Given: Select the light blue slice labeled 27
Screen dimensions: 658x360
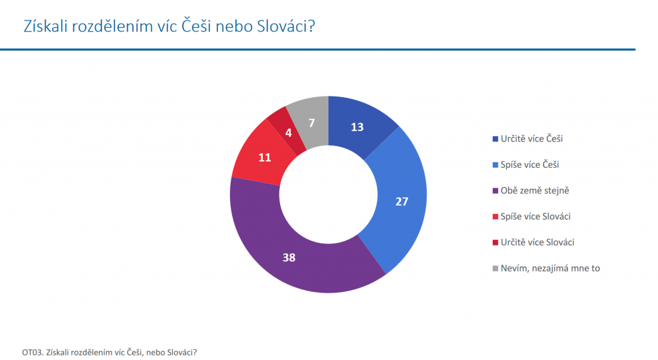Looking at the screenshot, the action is pyautogui.click(x=401, y=201).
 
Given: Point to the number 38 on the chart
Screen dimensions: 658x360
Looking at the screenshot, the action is pyautogui.click(x=289, y=257).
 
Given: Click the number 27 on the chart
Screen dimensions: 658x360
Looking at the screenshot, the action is pyautogui.click(x=402, y=202).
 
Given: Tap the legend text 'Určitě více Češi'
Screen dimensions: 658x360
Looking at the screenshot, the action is pyautogui.click(x=531, y=139).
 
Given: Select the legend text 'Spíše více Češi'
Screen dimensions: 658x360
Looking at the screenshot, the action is pyautogui.click(x=529, y=165).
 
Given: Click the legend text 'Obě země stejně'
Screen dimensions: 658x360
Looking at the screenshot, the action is pyautogui.click(x=535, y=190).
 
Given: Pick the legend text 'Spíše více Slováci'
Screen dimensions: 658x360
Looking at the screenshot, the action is pyautogui.click(x=535, y=217).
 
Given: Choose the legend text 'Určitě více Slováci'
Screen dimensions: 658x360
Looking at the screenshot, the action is pyautogui.click(x=537, y=242).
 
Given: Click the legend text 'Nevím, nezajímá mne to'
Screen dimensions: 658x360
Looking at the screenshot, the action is pyautogui.click(x=550, y=269).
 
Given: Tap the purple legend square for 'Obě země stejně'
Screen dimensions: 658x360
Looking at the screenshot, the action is pyautogui.click(x=495, y=191).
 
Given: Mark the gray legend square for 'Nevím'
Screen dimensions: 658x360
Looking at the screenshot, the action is pyautogui.click(x=495, y=269).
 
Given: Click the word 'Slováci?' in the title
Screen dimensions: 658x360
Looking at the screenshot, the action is pyautogui.click(x=286, y=26).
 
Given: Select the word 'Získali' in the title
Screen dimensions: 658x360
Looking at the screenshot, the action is pyautogui.click(x=46, y=26).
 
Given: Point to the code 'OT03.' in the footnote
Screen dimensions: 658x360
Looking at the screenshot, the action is pyautogui.click(x=33, y=352).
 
